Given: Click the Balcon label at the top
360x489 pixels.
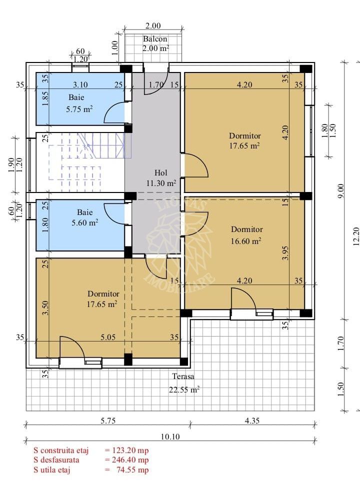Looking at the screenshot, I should (x=155, y=39).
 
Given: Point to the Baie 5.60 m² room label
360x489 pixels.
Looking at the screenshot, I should (x=87, y=218).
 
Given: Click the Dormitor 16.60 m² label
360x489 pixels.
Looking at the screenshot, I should (x=246, y=235).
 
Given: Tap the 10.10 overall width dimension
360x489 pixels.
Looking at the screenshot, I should (x=170, y=436).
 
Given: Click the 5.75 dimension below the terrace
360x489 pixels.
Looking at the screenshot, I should (x=107, y=421).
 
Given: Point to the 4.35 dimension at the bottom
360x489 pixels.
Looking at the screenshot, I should (x=251, y=421).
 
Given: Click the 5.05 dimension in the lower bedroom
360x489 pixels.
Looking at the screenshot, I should (x=107, y=337).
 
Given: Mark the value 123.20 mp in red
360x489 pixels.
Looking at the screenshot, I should (x=127, y=450).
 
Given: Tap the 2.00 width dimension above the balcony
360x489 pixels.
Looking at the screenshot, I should (x=153, y=26).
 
